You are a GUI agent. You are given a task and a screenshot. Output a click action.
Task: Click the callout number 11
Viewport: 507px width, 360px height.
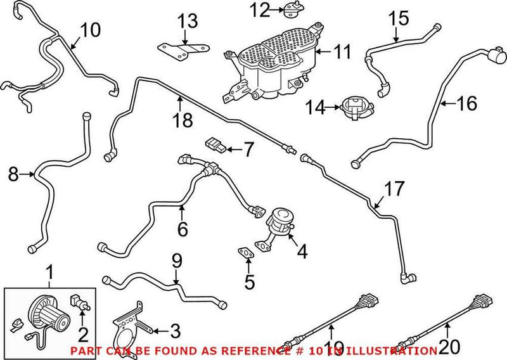pos(342,52)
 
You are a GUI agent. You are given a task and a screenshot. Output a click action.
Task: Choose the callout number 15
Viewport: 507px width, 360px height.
pos(399,17)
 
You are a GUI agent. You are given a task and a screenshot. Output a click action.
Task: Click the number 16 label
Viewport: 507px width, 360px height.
pos(467,103)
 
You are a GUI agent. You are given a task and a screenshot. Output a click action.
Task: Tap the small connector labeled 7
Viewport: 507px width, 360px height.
pos(216,148)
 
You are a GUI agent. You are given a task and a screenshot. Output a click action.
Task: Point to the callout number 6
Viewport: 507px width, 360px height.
pos(183,228)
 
